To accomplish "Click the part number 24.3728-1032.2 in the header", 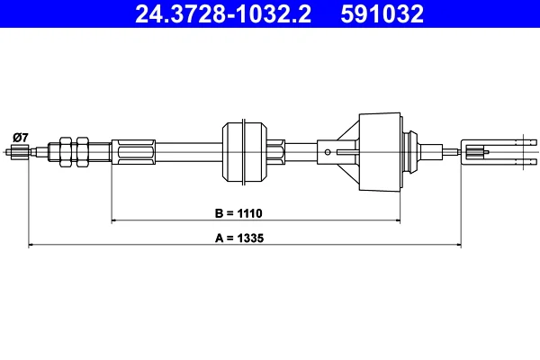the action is [x=223, y=14].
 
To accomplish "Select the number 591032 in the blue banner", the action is [x=382, y=14].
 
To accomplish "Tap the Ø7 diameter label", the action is [x=21, y=138].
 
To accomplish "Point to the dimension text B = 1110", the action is [x=238, y=213].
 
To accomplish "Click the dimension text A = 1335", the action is [x=239, y=238].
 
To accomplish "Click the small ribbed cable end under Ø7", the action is [x=19, y=152].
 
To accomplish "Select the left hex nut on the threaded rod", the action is [x=66, y=152].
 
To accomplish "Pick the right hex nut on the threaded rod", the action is [x=82, y=152].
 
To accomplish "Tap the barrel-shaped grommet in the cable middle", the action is [x=245, y=152].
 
